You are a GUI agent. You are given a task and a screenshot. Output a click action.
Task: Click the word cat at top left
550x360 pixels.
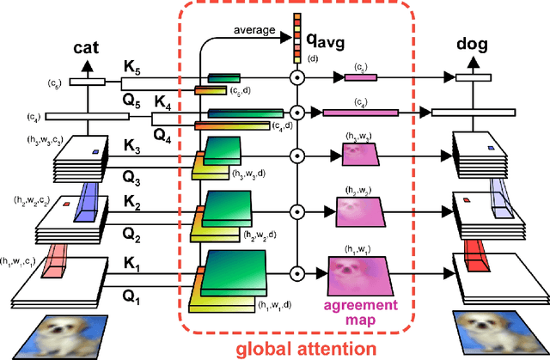(88, 47)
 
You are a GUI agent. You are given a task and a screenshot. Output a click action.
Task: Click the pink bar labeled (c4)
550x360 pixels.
(360, 112)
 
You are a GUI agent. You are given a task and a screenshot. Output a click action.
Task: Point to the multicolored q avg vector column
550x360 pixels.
(296, 34)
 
